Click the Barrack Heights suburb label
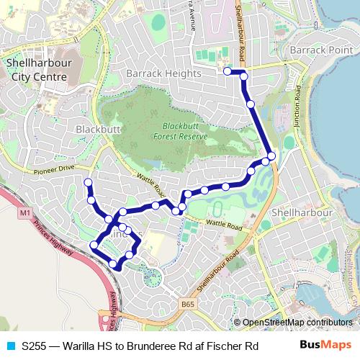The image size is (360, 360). [163, 73]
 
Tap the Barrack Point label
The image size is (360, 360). [318, 50]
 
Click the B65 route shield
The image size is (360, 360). [187, 305]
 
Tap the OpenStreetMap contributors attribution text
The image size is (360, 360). [297, 323]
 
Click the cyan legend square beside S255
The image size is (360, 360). [10, 346]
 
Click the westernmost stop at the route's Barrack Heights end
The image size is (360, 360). [227, 71]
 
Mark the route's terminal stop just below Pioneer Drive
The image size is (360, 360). [88, 182]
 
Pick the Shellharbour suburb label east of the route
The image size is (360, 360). [302, 213]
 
